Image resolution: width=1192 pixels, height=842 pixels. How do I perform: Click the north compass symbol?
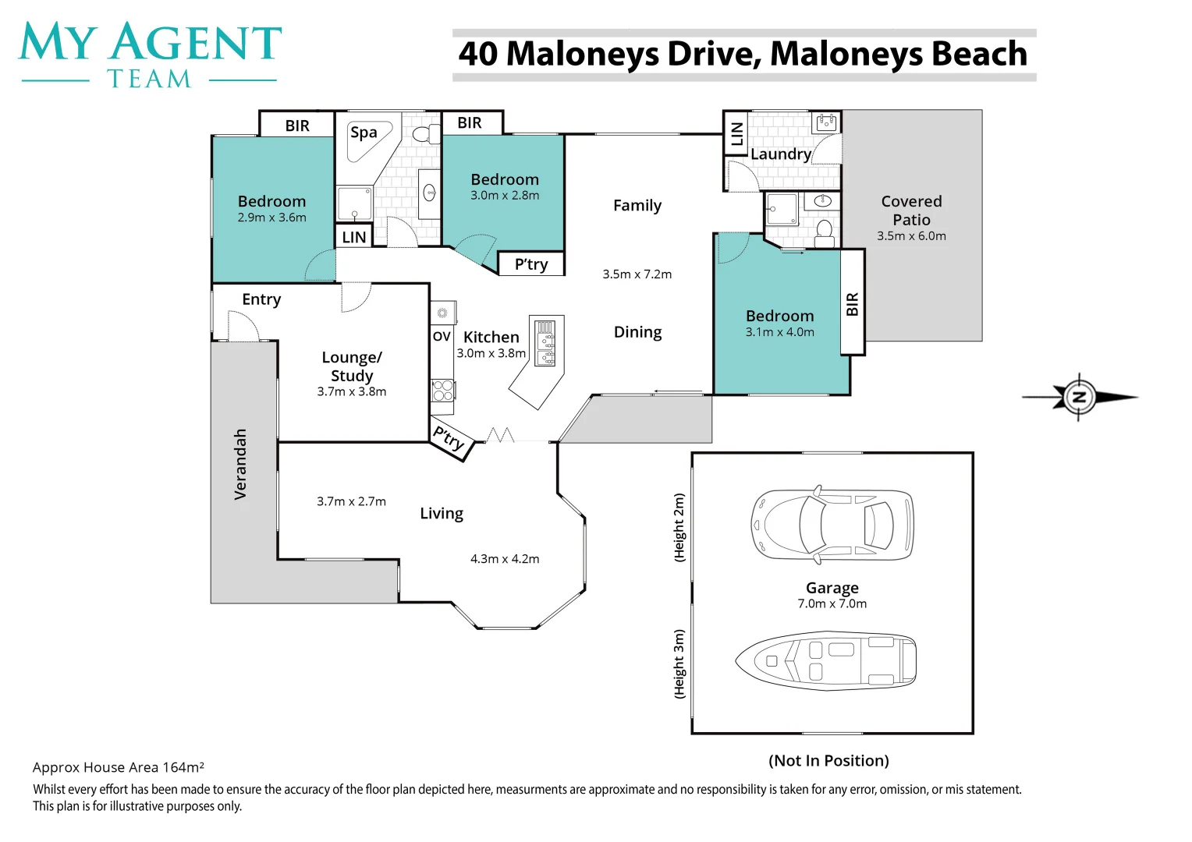[x=1079, y=397]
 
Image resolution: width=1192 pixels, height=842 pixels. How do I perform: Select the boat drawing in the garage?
[x=826, y=661]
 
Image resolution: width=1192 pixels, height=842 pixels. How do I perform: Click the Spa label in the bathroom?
[x=364, y=133]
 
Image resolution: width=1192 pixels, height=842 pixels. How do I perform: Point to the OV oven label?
[x=442, y=337]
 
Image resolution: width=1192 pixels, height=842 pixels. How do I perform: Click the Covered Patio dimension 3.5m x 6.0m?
[x=911, y=236]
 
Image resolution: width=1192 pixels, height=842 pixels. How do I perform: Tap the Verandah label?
[x=240, y=464]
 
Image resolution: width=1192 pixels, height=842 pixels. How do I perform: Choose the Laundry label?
[x=780, y=154]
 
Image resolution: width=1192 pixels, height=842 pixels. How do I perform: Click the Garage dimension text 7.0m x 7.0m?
[x=832, y=604]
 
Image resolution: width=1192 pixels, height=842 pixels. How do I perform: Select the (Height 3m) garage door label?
[x=679, y=663]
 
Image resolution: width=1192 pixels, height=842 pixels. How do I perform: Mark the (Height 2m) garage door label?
[x=679, y=528]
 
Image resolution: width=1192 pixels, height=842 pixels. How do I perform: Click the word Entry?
[x=261, y=299]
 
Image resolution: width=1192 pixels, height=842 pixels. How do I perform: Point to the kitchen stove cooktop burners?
[x=442, y=391]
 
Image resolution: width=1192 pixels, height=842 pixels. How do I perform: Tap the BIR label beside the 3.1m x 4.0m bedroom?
[x=853, y=304]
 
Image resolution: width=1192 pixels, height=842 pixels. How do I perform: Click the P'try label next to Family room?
[x=531, y=264]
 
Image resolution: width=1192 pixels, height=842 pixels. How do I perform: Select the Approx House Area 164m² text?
[x=119, y=768]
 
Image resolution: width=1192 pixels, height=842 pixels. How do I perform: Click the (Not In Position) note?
[x=828, y=761]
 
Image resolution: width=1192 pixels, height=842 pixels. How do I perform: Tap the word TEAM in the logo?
[x=149, y=80]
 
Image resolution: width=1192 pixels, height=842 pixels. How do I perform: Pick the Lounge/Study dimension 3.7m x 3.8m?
[x=351, y=392]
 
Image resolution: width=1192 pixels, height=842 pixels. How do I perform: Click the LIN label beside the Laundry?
[x=736, y=134]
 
